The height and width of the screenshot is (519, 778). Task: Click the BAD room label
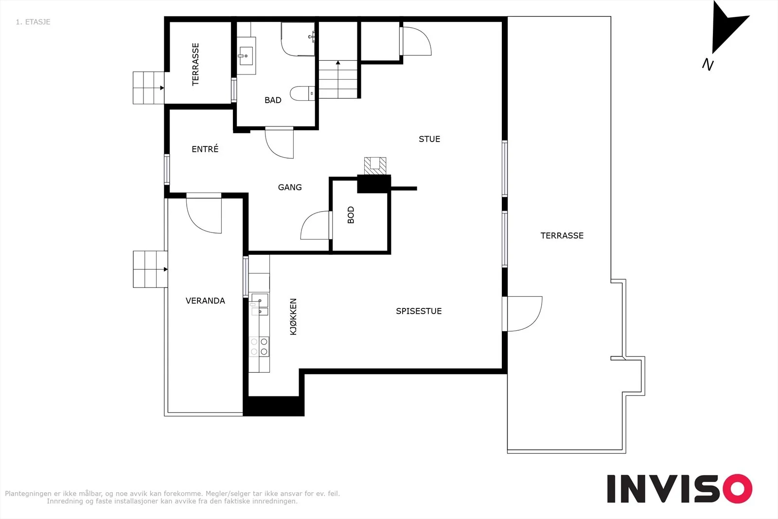click(x=273, y=100)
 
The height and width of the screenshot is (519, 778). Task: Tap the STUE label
click(x=429, y=139)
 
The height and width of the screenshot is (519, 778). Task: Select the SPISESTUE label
click(x=419, y=311)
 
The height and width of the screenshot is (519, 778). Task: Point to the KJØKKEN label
click(x=293, y=317)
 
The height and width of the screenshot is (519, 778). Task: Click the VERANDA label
click(x=205, y=301)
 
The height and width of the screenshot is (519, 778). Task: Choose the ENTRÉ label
click(x=205, y=149)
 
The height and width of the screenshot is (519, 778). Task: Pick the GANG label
click(x=290, y=187)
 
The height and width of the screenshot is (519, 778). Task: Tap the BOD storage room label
click(x=351, y=215)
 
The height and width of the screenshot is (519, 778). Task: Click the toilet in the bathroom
click(x=302, y=93)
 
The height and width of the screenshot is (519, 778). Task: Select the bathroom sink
click(x=246, y=56)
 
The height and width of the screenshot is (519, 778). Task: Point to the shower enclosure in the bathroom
click(x=298, y=39)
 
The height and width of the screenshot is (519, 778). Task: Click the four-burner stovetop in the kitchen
click(x=259, y=346)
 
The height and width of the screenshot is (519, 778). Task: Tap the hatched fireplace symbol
click(x=375, y=166)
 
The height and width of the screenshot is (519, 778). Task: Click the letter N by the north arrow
click(x=707, y=65)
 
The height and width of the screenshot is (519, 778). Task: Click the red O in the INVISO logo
click(x=737, y=488)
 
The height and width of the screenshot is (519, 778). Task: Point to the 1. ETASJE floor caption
click(x=33, y=22)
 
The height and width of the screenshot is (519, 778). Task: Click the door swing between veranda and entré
click(x=204, y=214)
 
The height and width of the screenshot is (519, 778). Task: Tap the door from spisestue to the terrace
click(x=522, y=314)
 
